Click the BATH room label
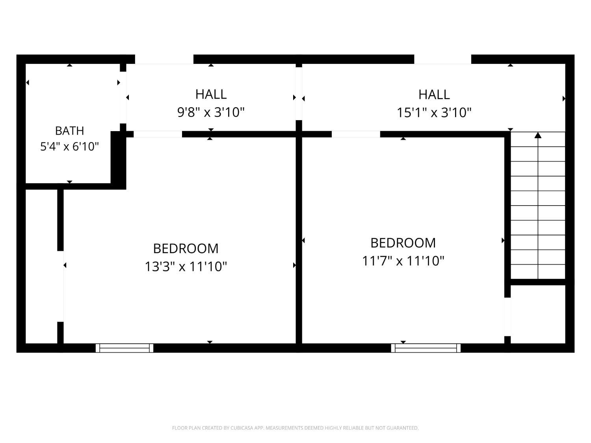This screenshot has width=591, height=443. pos(69,131)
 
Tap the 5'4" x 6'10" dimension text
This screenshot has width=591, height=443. pos(69,146)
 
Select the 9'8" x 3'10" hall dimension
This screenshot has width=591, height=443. pos(211,112)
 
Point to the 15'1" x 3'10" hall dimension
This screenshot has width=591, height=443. pos(434,113)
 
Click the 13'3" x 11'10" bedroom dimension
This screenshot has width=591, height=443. pos(186,267)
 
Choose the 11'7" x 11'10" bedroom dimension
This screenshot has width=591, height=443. pos(403,261)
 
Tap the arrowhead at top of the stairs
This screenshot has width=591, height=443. pos(538,135)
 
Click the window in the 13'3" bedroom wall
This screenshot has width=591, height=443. pos(125,348)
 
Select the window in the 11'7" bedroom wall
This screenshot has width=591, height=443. pos(426,348)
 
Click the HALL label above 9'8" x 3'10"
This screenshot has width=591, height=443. pos(211,95)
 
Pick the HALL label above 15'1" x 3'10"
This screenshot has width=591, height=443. pos(434,95)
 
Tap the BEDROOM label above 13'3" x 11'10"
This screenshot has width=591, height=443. pos(186,248)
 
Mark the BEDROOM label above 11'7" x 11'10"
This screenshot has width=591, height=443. pos(403,243)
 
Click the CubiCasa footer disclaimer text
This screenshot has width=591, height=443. pos(295,428)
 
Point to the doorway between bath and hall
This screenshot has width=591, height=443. pos(123,97)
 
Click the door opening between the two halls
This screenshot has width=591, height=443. pos(299,93)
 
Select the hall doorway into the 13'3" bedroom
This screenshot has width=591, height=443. pos(158,134)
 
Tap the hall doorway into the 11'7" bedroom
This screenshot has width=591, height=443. pos(356,134)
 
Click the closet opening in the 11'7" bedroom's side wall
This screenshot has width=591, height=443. pos(507,317)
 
